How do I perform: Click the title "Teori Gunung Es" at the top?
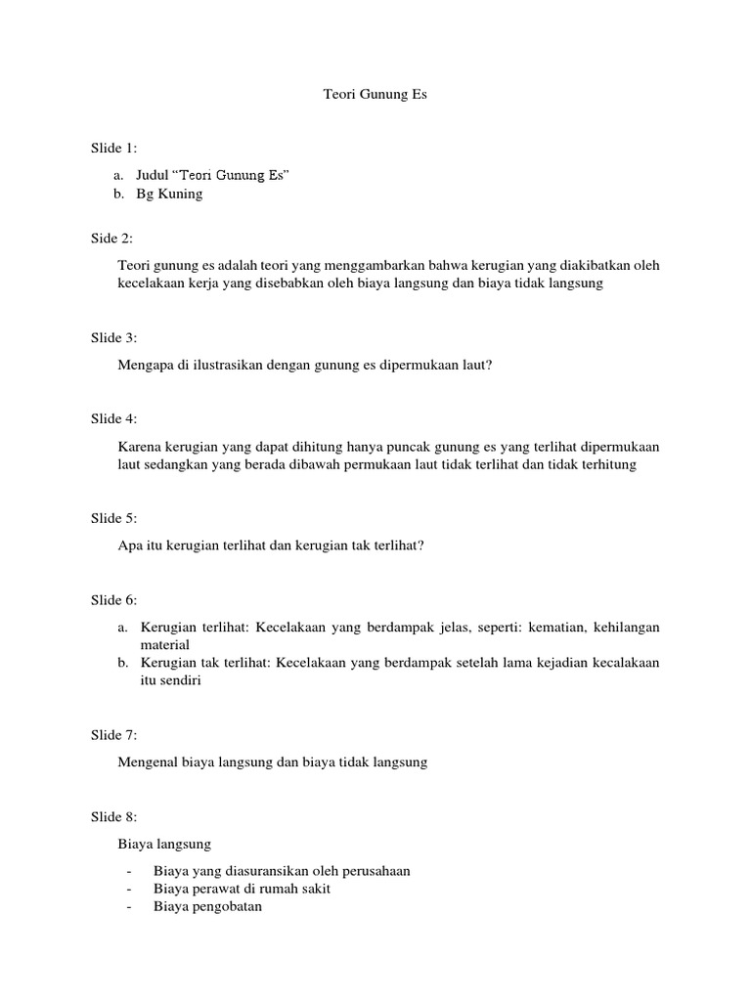(375, 96)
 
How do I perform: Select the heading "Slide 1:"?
(114, 149)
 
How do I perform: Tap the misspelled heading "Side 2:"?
(111, 239)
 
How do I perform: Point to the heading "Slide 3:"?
(114, 338)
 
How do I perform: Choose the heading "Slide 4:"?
(114, 419)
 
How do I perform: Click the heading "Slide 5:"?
(114, 519)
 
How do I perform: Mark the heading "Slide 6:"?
(114, 600)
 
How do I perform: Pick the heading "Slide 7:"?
(114, 735)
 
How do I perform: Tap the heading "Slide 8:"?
(114, 816)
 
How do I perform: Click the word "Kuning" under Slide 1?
(183, 194)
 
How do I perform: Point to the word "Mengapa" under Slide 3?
(144, 366)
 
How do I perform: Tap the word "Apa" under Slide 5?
(129, 546)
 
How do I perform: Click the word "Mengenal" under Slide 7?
(146, 762)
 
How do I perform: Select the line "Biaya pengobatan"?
(207, 906)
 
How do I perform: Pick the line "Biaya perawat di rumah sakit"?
(243, 889)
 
